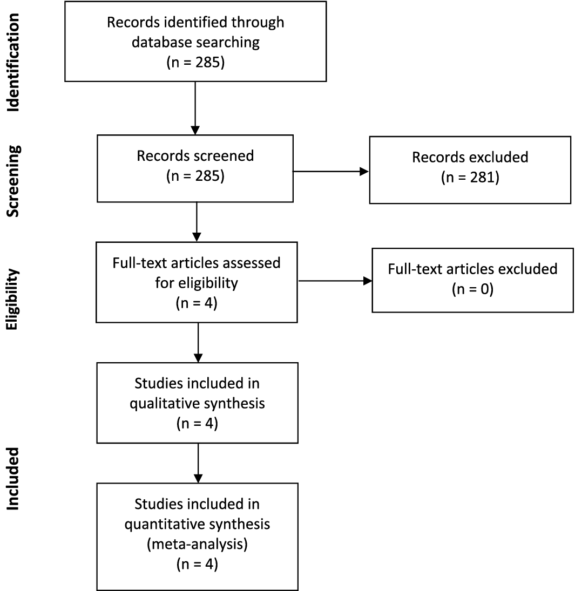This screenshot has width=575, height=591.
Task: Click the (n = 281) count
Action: point(469,179)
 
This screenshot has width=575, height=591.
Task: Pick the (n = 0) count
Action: point(472,290)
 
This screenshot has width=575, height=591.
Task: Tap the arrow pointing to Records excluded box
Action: point(330,171)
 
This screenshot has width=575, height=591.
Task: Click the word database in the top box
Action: point(159,42)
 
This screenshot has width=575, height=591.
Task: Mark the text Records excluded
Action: point(469,158)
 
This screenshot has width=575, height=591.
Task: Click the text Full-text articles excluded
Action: point(472,269)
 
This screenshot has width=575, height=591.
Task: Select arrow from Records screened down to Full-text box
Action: point(197,221)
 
